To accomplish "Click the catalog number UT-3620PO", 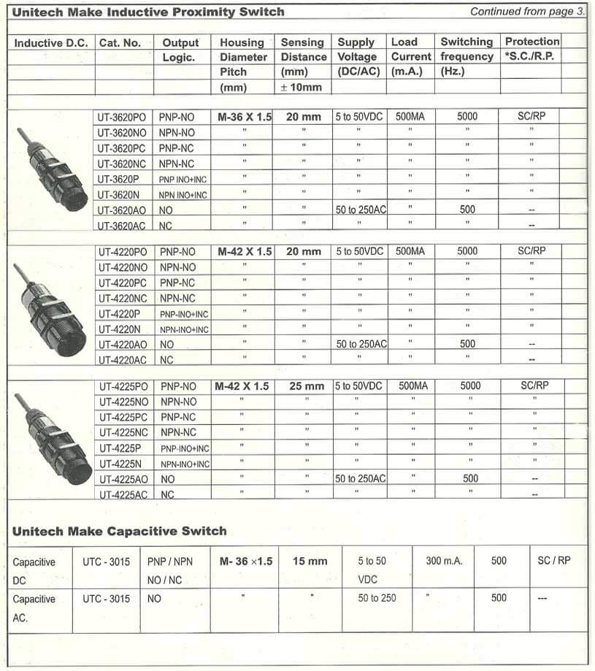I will point(123,116).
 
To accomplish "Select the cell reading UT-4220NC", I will point(123,298).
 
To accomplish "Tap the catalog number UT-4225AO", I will point(123,479).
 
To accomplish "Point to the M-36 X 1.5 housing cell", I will point(245,116).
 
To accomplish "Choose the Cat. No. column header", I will point(120,43).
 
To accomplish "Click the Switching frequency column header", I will point(467,50).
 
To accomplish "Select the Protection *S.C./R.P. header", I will point(531,48).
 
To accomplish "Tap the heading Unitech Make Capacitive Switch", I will point(119,531).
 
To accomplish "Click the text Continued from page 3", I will point(526,11).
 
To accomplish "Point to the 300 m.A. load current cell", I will point(444,561).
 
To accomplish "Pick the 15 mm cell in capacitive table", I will point(310,561).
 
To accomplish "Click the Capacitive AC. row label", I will point(34,607).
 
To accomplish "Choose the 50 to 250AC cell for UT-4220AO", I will point(361,344).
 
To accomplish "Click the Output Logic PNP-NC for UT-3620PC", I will point(177,147).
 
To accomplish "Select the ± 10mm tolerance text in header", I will point(302,88).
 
